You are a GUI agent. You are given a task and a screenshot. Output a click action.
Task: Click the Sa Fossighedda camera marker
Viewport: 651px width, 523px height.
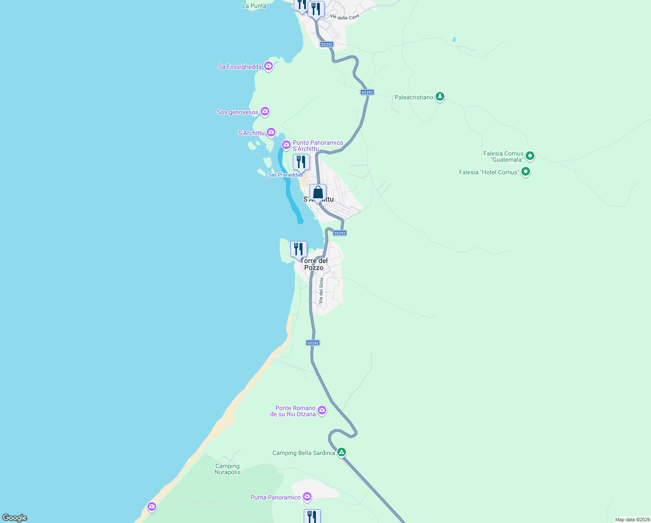click(268, 66)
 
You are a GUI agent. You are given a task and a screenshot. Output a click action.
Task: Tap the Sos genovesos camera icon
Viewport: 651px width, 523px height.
click(265, 112)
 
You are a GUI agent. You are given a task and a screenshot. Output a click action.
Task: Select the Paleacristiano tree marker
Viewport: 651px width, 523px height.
click(440, 96)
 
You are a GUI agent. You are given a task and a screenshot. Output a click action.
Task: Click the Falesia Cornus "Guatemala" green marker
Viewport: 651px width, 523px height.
click(530, 156)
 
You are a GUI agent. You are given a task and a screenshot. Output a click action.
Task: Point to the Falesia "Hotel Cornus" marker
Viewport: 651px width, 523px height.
click(526, 172)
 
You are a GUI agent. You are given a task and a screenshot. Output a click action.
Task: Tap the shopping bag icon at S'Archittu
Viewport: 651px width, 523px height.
click(318, 192)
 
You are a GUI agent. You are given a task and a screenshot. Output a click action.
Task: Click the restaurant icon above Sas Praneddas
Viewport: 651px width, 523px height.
click(301, 162)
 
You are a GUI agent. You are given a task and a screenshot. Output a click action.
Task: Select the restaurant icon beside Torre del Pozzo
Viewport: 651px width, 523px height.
click(299, 249)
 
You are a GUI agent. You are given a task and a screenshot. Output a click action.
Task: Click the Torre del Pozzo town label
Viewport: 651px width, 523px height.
click(314, 264)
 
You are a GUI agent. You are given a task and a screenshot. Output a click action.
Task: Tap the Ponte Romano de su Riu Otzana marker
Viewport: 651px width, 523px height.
click(322, 410)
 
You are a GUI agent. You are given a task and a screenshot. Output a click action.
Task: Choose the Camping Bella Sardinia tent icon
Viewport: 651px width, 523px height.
click(342, 452)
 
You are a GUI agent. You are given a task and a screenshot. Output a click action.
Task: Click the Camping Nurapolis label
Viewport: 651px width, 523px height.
click(228, 469)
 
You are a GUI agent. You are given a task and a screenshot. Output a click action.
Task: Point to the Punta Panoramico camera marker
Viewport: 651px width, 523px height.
click(307, 496)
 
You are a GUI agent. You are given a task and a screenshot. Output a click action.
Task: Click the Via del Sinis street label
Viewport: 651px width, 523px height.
click(321, 291)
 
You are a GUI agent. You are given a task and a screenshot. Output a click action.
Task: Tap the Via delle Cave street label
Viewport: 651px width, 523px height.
click(345, 17)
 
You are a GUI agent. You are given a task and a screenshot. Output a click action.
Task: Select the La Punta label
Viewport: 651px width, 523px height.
click(254, 6)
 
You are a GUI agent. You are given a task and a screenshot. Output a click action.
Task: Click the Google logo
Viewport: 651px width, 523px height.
click(15, 518)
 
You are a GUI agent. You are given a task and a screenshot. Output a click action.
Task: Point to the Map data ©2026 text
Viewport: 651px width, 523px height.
click(632, 520)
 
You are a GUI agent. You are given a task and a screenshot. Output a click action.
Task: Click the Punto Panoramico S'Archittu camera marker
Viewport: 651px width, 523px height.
click(286, 144)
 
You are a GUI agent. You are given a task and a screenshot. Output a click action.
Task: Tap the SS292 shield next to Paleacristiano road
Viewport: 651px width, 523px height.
click(367, 92)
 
